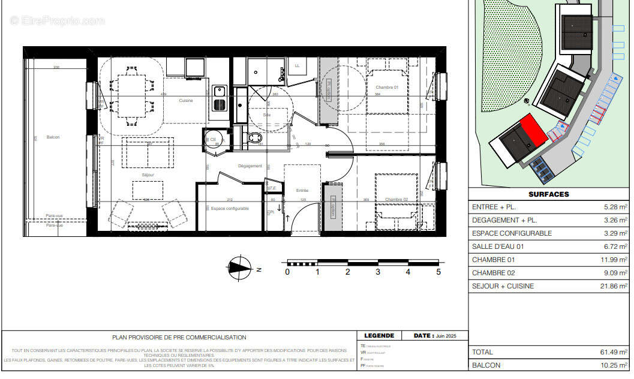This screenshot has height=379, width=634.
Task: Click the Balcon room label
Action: tap(54, 137)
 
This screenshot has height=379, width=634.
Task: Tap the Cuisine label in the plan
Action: tap(186, 101)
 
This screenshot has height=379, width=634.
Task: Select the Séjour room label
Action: tap(148, 175)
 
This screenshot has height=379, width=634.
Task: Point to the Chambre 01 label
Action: tap(387, 88)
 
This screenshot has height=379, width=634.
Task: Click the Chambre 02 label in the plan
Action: tap(396, 200)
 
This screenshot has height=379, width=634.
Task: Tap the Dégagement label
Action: tap(250, 166)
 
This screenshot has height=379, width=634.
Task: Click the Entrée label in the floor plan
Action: tap(302, 191)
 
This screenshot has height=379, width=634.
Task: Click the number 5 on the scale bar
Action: tap(438, 272)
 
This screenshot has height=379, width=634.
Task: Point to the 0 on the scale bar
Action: tap(287, 272)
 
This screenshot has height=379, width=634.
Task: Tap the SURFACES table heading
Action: tap(548, 194)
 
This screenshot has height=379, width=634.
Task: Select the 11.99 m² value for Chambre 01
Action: tap(615, 260)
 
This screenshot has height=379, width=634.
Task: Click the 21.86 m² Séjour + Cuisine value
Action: tap(615, 286)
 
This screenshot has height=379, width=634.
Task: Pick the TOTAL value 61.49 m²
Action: tap(615, 352)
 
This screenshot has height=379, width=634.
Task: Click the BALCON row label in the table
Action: tap(486, 365)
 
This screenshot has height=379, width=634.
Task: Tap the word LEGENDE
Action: tap(379, 336)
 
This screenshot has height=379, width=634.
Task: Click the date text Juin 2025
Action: tap(447, 336)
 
